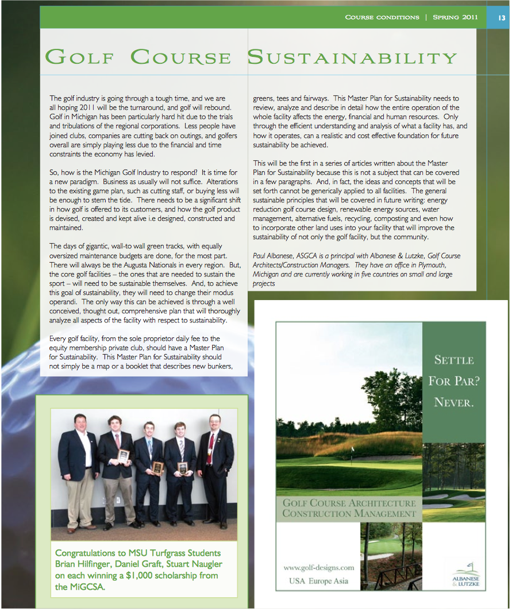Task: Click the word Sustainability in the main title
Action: (x=352, y=58)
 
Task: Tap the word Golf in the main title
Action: (x=80, y=58)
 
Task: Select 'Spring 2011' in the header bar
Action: (x=456, y=17)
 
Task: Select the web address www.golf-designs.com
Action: (x=318, y=567)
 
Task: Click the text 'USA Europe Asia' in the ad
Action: (x=318, y=581)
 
